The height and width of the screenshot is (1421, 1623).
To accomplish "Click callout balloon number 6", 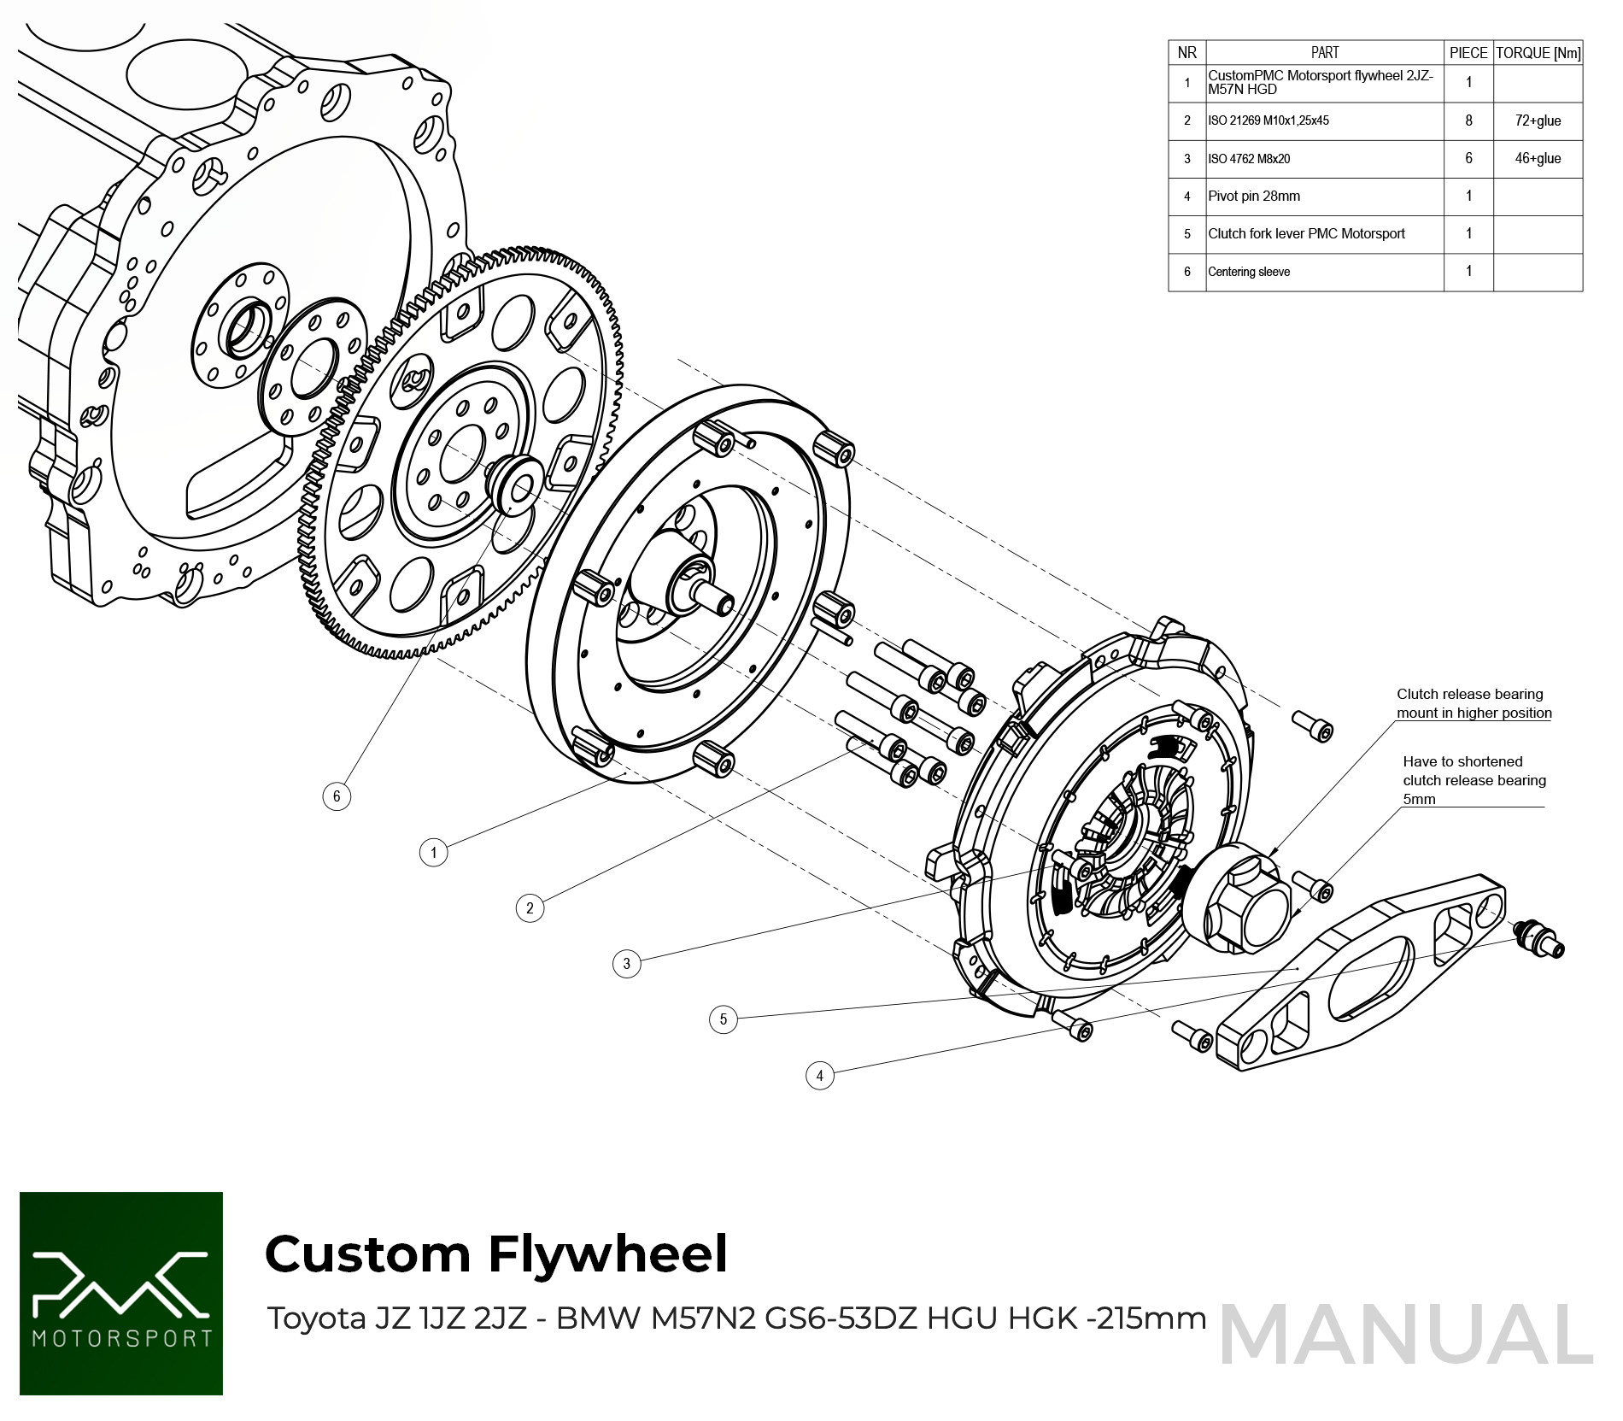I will (337, 796).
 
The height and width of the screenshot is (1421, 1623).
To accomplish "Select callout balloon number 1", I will (434, 852).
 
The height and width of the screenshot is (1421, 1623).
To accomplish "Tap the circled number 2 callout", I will (530, 907).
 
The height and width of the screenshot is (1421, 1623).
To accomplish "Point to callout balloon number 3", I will (627, 964).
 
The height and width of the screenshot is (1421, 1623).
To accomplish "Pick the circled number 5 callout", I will (724, 1019).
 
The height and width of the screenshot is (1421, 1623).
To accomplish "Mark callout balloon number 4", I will (820, 1075).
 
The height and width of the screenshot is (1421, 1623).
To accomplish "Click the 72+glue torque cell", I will (1538, 121).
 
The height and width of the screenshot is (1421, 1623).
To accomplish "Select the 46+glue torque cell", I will (1538, 159).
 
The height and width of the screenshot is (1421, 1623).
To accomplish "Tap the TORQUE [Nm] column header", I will (1538, 53).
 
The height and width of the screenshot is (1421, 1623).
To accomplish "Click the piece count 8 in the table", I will (1468, 121).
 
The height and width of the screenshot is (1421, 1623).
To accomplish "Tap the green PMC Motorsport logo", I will (121, 1293).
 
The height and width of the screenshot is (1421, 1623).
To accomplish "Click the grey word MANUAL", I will (1406, 1335).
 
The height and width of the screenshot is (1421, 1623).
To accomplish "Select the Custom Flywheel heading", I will (496, 1254).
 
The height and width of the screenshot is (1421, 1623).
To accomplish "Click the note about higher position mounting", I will (1474, 703).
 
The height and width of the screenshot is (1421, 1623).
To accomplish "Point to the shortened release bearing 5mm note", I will (1474, 780).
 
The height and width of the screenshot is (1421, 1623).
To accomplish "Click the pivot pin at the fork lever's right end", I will (1540, 939).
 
